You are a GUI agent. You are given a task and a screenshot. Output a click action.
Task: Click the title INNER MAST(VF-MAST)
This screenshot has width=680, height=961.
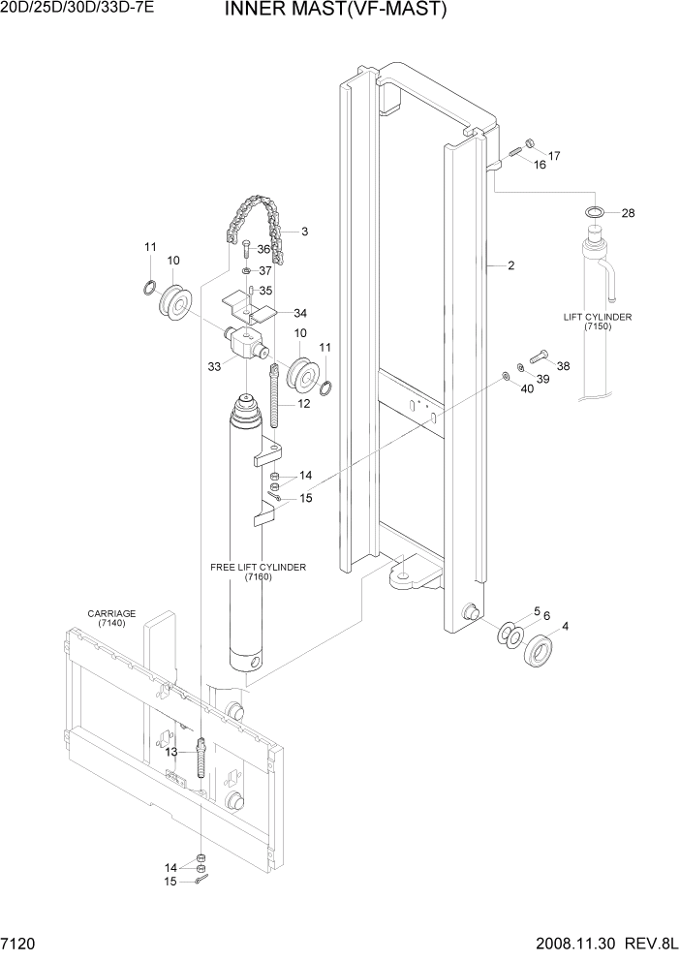(x=322, y=11)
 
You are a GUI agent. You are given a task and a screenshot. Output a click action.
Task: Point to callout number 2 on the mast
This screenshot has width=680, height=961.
(x=510, y=265)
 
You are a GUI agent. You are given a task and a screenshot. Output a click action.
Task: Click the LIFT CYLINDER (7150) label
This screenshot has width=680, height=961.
(x=598, y=323)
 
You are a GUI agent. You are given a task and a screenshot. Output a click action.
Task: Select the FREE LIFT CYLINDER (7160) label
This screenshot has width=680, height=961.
(x=258, y=572)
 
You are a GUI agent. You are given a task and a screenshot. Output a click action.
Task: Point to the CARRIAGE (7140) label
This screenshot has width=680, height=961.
(x=111, y=619)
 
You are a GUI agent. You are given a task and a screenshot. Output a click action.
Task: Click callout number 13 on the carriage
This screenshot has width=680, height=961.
(x=171, y=752)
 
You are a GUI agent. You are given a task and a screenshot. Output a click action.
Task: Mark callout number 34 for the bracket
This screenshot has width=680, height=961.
(x=300, y=313)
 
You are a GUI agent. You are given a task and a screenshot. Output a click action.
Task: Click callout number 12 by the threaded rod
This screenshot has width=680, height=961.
(x=303, y=403)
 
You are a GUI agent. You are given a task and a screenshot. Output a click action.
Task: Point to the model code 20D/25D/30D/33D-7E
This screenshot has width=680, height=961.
(x=74, y=11)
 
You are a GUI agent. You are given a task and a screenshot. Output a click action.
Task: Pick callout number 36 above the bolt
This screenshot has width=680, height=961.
(x=263, y=249)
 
